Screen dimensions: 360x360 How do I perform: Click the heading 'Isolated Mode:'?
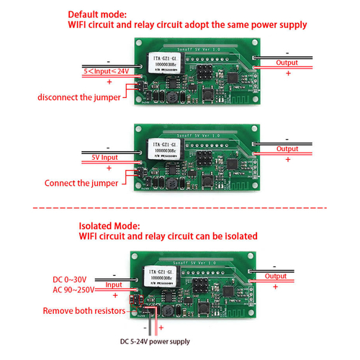(107, 224)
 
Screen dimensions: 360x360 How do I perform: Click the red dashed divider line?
(180, 209)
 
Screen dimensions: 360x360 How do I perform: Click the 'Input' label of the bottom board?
(114, 284)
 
